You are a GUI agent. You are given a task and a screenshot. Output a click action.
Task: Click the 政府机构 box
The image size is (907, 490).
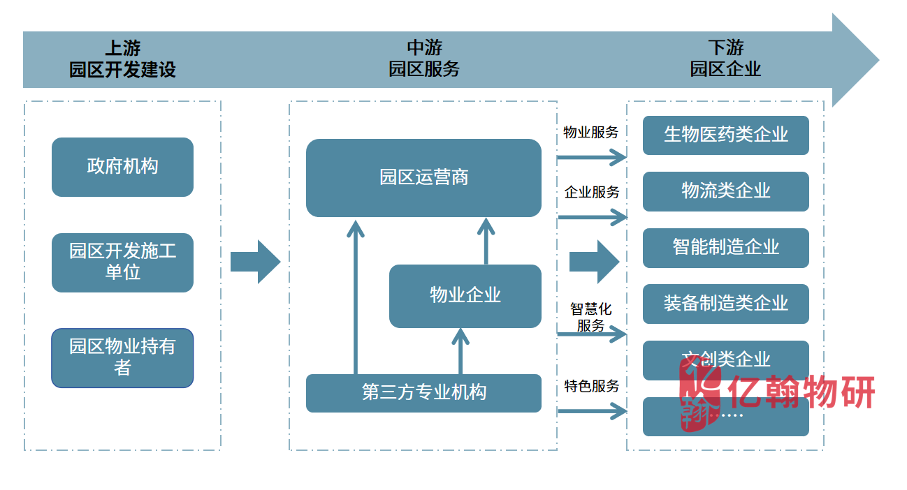[122, 167]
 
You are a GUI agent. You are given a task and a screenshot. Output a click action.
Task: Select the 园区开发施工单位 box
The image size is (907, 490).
[122, 262]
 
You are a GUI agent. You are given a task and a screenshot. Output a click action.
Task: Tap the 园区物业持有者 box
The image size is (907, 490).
[122, 358]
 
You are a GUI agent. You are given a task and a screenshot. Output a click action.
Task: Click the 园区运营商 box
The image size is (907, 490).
[423, 178]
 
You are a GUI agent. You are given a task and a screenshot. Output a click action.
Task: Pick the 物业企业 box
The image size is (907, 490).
[465, 296]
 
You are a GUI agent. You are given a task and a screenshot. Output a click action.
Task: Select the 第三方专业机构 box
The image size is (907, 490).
[423, 393]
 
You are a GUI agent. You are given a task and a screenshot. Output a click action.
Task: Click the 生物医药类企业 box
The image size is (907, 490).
[725, 135]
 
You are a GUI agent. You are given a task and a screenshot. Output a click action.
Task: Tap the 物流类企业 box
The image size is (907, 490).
[725, 191]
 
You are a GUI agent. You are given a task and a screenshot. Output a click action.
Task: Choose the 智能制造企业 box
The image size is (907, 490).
[725, 248]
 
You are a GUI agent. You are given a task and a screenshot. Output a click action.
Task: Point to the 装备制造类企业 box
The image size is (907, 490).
[725, 304]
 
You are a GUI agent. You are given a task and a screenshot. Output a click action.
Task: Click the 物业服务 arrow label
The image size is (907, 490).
[590, 132]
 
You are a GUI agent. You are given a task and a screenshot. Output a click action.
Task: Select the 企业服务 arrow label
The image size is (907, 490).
[592, 192]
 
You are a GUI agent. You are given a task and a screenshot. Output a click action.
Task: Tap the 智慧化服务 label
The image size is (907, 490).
[590, 317]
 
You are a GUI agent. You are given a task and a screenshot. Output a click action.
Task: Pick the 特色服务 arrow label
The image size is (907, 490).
[592, 385]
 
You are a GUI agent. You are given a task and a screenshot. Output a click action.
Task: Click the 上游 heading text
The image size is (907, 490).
[122, 48]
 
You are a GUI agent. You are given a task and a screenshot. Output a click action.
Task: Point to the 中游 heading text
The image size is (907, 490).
[424, 48]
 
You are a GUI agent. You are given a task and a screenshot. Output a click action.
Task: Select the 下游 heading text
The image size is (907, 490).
[725, 48]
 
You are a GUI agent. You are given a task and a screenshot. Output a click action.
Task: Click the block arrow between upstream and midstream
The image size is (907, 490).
[255, 262]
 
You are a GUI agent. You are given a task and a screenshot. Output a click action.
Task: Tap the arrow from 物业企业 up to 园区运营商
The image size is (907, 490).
[486, 241]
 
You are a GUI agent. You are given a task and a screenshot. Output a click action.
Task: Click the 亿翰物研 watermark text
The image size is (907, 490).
[800, 392]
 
